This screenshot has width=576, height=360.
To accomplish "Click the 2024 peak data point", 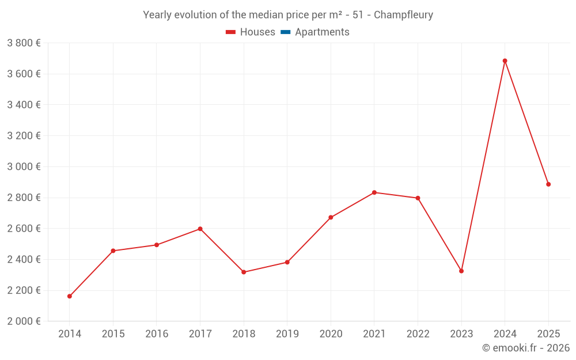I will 505,61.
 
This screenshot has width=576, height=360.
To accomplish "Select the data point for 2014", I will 70,296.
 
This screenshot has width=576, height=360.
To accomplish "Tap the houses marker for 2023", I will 461,271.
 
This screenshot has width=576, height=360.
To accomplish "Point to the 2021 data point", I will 374,192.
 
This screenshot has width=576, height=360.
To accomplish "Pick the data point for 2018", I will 244,272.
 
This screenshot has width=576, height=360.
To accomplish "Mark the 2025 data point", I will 548,184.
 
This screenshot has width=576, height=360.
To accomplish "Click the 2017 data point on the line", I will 200,229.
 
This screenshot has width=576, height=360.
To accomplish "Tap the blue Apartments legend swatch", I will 285,32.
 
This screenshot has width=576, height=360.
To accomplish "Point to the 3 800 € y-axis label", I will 24,43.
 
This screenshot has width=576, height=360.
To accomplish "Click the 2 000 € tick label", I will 24,321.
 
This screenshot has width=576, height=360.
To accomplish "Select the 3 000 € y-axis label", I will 24,166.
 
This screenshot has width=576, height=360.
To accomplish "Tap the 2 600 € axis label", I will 24,229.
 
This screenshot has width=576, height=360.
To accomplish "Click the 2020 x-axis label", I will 331,334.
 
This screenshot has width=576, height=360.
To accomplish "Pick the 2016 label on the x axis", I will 157,334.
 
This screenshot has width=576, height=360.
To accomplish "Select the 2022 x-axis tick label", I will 418,334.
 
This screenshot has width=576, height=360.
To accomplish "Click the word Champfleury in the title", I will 403,15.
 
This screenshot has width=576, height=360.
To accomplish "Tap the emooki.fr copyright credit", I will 526,348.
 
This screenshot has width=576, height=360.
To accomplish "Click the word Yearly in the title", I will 157,15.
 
